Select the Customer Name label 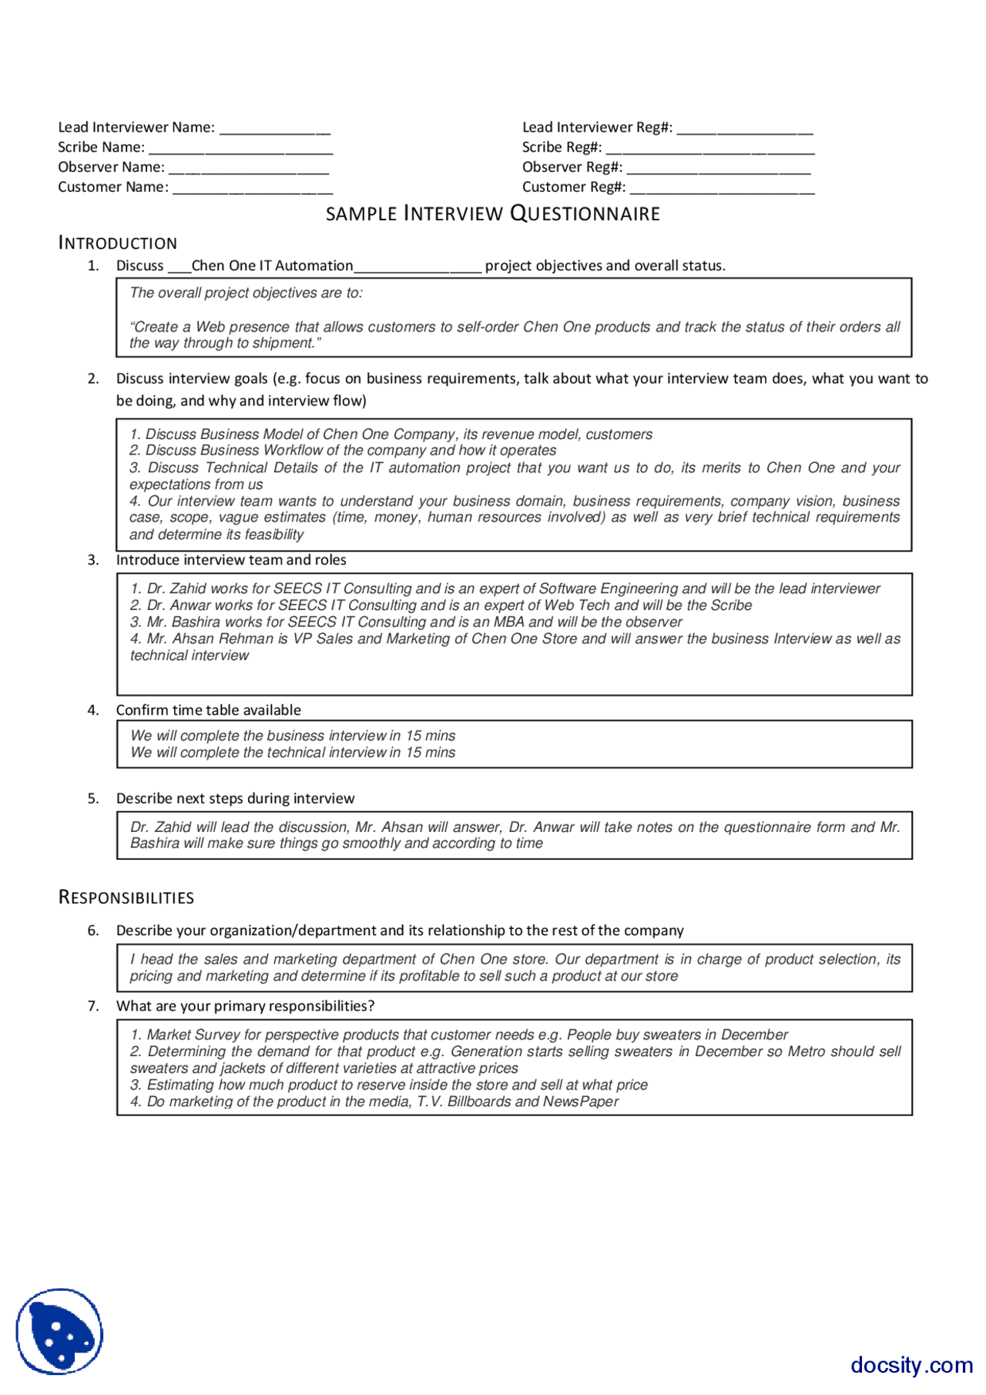113,187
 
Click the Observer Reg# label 572,167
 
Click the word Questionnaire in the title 585,213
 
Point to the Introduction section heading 118,243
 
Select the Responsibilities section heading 126,897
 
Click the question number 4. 93,710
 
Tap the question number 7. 93,1006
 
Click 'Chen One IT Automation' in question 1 272,266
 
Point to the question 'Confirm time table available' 208,710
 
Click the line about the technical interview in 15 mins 293,753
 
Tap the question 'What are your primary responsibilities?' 245,1006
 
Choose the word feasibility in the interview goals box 273,535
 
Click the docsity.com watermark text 911,1365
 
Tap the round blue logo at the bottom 59,1332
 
